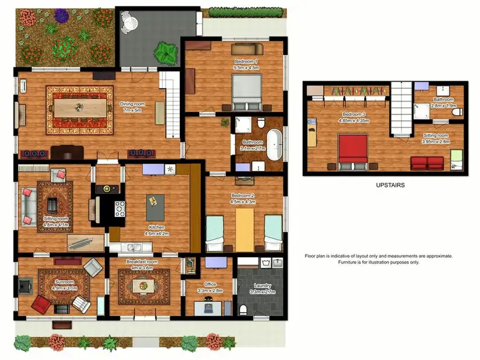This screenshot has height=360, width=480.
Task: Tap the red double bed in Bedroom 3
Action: [349, 150]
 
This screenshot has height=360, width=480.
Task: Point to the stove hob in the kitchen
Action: [119, 208]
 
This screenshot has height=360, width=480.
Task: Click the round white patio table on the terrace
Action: [130, 24]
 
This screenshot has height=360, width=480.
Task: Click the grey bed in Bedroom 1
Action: [246, 91]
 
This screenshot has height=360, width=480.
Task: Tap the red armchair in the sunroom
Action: [41, 304]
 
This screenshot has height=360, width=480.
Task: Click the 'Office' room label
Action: [209, 284]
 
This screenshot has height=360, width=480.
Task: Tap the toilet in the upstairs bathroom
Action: [456, 113]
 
